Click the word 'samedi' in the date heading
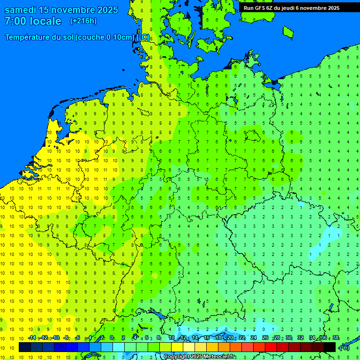(x=19, y=10)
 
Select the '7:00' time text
(x=16, y=21)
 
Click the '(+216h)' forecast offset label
(x=83, y=21)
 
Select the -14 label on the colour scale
(x=32, y=337)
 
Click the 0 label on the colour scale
(x=112, y=337)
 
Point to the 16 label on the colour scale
(x=207, y=337)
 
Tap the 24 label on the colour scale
(x=254, y=337)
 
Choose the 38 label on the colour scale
(x=336, y=337)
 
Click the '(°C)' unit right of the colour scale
(x=344, y=347)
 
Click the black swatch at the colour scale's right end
(x=330, y=347)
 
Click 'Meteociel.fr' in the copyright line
(x=220, y=357)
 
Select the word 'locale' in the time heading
(x=45, y=21)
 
